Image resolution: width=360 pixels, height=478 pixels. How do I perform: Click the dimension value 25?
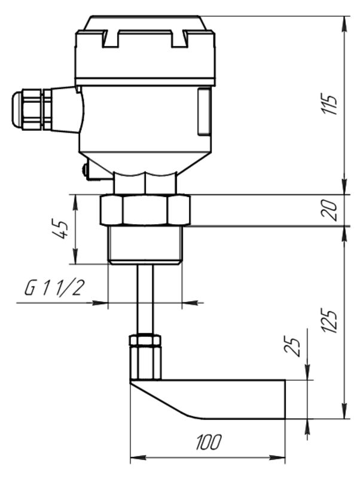[293, 347]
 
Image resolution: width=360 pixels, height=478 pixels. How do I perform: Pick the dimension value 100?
[208, 442]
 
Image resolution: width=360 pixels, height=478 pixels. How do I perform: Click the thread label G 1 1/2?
[53, 288]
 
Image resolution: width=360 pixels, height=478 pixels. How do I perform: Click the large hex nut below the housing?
[145, 210]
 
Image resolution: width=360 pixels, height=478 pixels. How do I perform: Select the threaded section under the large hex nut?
[145, 245]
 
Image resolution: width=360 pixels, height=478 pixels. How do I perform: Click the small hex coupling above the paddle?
[145, 357]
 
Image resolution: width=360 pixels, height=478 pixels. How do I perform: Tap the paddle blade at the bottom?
[208, 399]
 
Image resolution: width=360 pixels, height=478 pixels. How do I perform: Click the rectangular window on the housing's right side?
[204, 111]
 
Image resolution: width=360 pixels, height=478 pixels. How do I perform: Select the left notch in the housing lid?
[110, 39]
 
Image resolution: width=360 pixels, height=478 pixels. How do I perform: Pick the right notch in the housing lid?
[179, 39]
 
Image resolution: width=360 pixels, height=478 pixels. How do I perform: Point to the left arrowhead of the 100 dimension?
[138, 458]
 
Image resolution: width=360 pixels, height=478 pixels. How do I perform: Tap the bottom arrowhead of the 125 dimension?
[344, 411]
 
